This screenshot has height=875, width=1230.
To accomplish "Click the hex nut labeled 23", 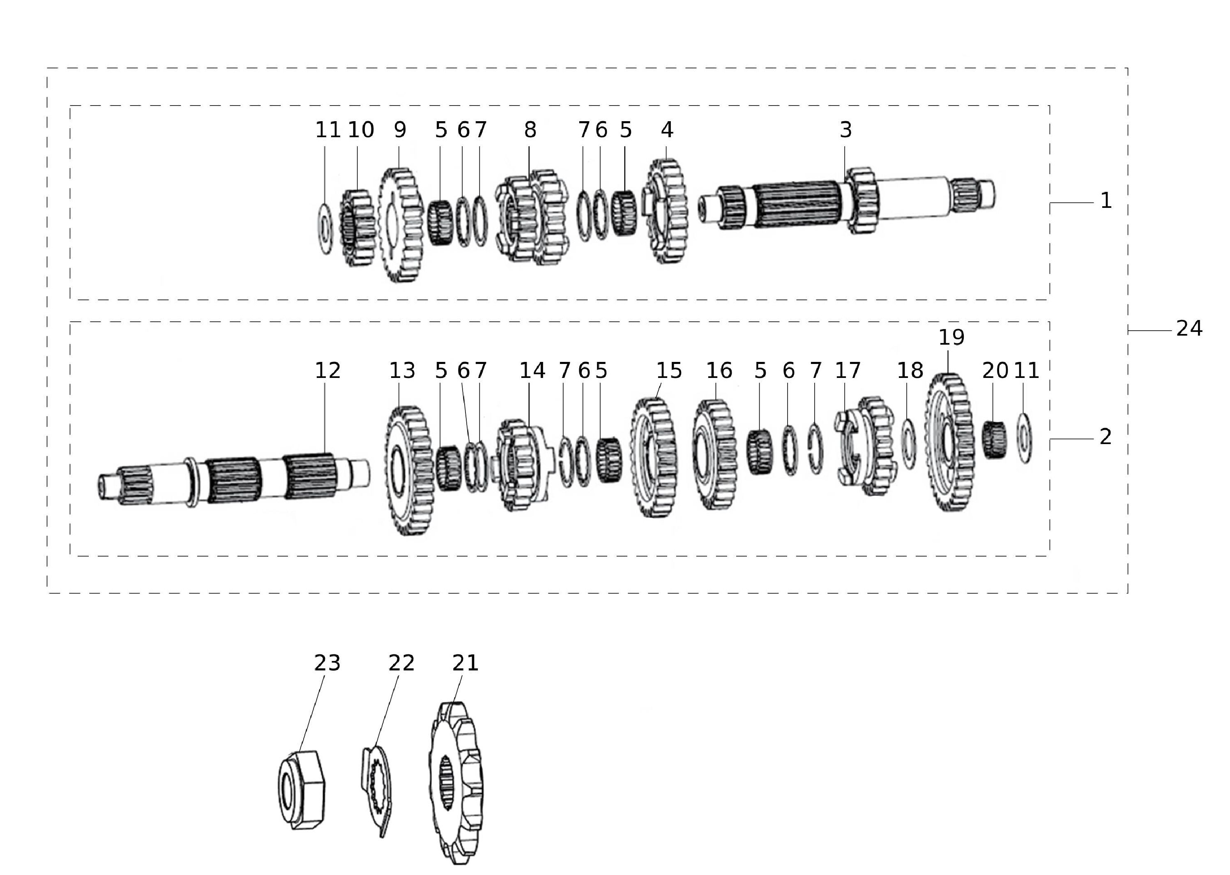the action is tap(301, 789).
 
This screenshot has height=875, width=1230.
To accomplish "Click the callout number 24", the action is tap(1189, 328).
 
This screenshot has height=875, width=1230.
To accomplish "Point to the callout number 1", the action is tap(1106, 201).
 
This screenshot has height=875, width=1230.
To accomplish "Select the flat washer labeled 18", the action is tap(908, 443).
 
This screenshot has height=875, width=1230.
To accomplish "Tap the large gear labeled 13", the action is tap(410, 470).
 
